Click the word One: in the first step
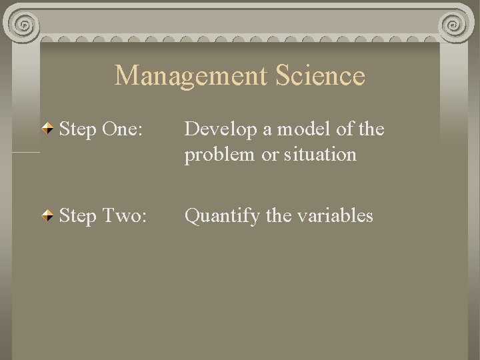pos(121,128)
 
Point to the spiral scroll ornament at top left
pos(23,25)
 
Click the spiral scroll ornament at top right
pos(456,25)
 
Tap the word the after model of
pos(372,128)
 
